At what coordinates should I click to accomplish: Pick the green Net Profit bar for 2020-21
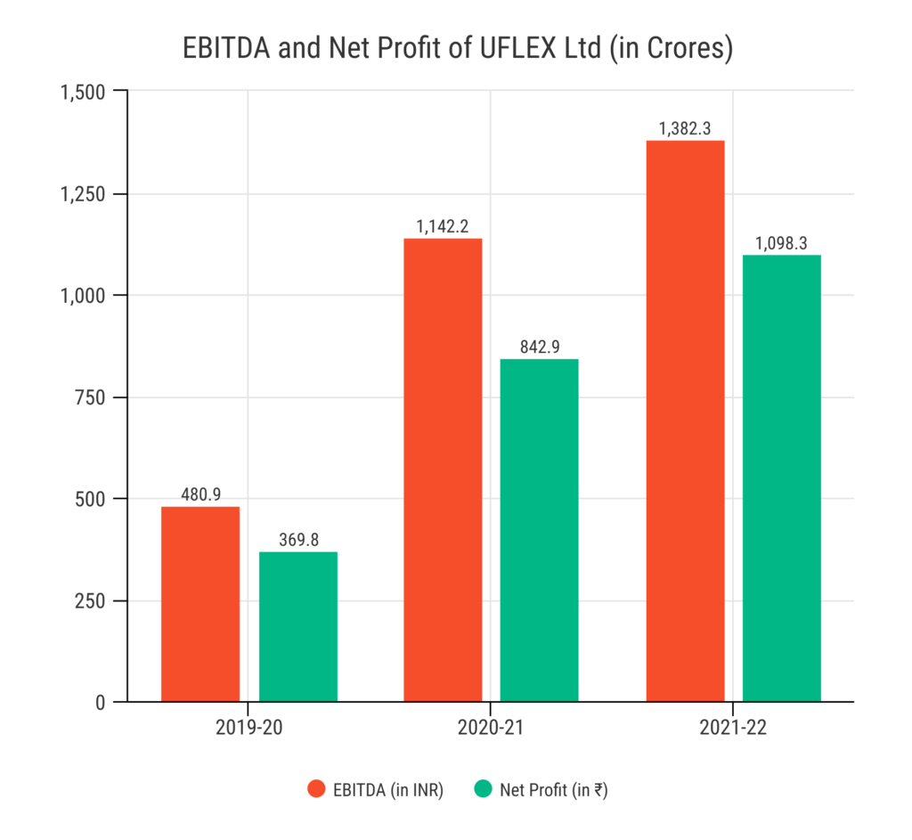coord(539,530)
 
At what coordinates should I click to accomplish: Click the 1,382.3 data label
coord(685,129)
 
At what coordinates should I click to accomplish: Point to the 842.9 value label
coord(539,347)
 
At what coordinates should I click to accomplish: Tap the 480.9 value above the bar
coord(200,494)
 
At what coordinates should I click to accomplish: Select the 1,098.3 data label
coord(782,243)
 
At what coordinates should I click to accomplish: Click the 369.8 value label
coord(298,540)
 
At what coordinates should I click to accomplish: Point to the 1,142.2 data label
coord(443,226)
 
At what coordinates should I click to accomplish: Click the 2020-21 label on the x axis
coord(491,727)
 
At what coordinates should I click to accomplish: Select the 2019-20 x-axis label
coord(248,727)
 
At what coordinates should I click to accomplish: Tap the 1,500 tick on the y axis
coord(82,92)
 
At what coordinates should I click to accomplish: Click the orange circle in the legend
coord(316,788)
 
